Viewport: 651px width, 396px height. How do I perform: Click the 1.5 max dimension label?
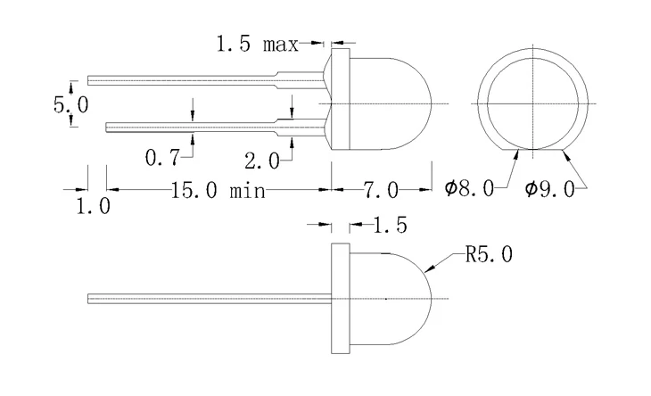click(258, 43)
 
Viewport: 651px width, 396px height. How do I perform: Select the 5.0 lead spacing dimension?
click(70, 104)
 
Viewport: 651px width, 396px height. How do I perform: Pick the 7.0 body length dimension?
click(380, 190)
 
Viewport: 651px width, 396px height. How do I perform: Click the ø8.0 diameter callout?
click(469, 189)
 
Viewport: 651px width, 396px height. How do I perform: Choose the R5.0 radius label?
click(489, 256)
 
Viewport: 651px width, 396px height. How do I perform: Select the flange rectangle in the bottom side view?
click(339, 298)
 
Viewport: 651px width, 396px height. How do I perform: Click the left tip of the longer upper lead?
click(89, 78)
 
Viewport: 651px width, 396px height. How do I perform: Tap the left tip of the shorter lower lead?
click(107, 127)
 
